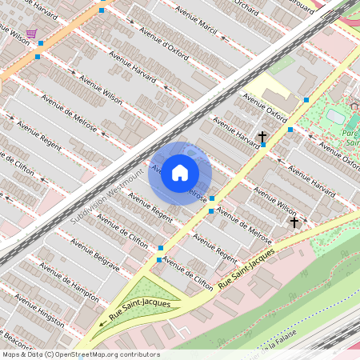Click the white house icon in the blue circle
(180, 173)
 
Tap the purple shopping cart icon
(30, 34)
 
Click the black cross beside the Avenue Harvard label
(262, 138)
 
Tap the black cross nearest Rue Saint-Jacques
(294, 222)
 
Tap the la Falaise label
(285, 343)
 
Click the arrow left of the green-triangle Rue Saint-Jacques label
(102, 324)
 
